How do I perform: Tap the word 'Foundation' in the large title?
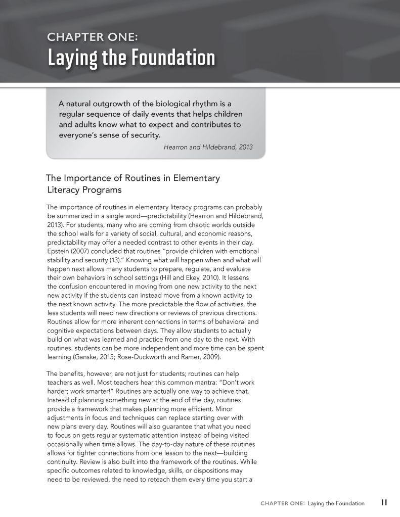tap(173, 58)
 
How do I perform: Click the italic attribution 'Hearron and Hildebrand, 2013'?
tap(208, 147)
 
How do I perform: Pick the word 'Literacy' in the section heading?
tap(64, 190)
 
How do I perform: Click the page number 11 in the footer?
tap(384, 503)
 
